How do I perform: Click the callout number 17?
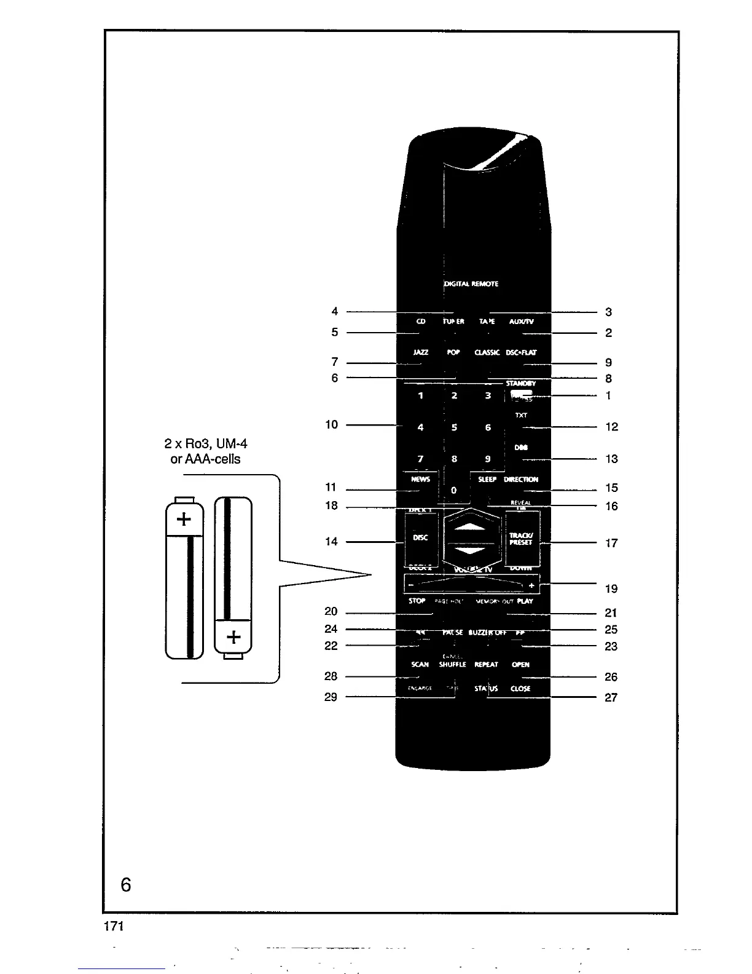pos(611,543)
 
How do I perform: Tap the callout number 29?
pos(331,697)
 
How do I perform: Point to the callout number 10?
pos(332,424)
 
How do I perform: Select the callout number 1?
pos(608,395)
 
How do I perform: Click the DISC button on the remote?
pos(421,538)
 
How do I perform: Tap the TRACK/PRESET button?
pos(522,539)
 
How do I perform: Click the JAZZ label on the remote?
pos(421,353)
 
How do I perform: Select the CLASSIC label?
pos(487,353)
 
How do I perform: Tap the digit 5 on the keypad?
pos(454,427)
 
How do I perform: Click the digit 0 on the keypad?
pos(454,490)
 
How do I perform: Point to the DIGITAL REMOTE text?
pos(471,284)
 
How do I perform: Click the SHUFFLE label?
pos(453,665)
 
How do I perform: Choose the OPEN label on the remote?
pos(520,665)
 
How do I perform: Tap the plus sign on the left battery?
pos(184,520)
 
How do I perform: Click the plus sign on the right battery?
pos(233,637)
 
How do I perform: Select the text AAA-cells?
pos(205,459)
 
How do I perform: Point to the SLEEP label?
pos(487,480)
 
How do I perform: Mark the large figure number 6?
pos(126,885)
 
